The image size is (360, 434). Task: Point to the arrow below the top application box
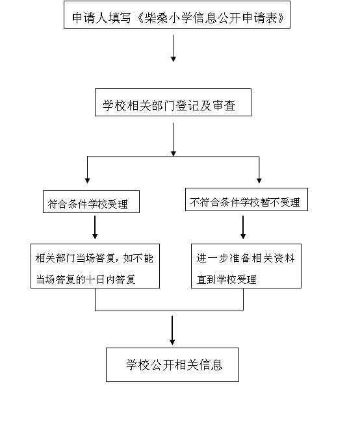click(174, 48)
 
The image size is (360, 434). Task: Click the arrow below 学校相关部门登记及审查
click(174, 140)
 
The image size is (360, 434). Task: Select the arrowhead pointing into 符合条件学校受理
click(87, 181)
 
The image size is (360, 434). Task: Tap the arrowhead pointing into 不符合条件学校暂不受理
click(259, 181)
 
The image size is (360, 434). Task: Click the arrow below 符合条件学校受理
click(95, 227)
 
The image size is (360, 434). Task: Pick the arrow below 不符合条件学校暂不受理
click(243, 227)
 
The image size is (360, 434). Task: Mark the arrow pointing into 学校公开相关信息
click(172, 330)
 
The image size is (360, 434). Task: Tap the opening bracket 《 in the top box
click(140, 18)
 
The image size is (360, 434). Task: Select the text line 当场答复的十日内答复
click(86, 279)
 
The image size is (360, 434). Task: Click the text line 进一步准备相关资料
click(246, 258)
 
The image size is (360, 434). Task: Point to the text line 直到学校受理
click(227, 279)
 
